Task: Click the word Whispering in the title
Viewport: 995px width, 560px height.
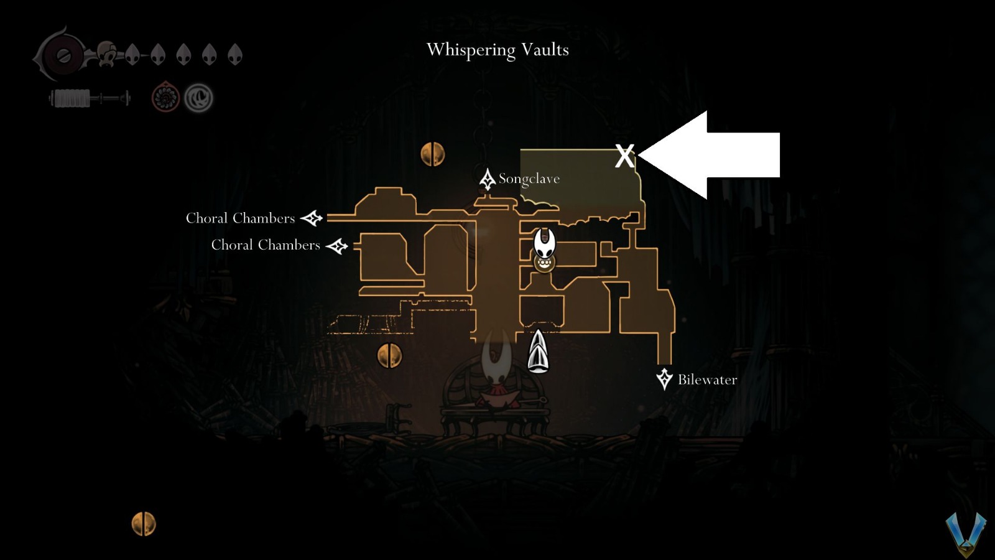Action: [x=471, y=50]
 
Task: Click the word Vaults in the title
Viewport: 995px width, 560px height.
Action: [x=545, y=50]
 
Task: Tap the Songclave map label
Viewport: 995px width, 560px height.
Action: [x=529, y=179]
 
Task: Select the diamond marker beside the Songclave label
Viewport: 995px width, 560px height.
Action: [x=487, y=179]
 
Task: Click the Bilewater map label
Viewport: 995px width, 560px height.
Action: [x=707, y=380]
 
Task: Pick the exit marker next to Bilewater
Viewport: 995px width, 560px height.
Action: [x=664, y=378]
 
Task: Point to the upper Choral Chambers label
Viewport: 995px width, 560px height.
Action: [x=240, y=218]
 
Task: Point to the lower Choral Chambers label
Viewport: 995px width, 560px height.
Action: [x=266, y=245]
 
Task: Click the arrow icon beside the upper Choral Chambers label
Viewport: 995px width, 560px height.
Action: [x=312, y=218]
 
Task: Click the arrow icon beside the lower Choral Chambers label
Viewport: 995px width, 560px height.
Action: [x=337, y=246]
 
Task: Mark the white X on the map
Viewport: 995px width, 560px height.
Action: [x=624, y=156]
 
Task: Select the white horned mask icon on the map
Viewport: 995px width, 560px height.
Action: [x=545, y=243]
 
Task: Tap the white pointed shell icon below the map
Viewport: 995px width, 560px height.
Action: [x=538, y=351]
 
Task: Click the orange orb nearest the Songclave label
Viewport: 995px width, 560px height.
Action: [x=432, y=154]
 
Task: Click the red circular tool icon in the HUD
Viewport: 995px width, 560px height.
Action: [x=165, y=98]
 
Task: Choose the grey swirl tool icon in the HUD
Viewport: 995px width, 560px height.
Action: [x=198, y=98]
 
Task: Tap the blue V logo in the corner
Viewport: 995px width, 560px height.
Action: [x=965, y=534]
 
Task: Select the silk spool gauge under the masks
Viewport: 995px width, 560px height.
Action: [x=90, y=98]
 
